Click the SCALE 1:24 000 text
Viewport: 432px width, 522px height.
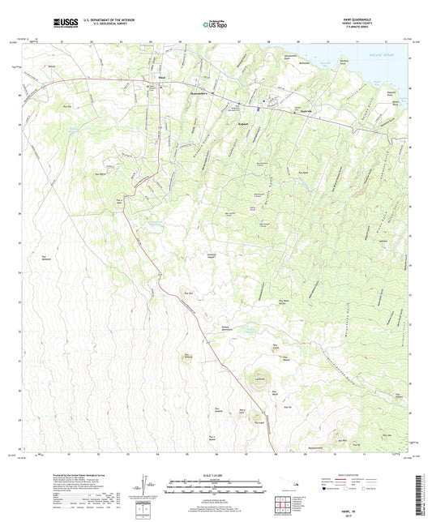pos(216,475)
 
